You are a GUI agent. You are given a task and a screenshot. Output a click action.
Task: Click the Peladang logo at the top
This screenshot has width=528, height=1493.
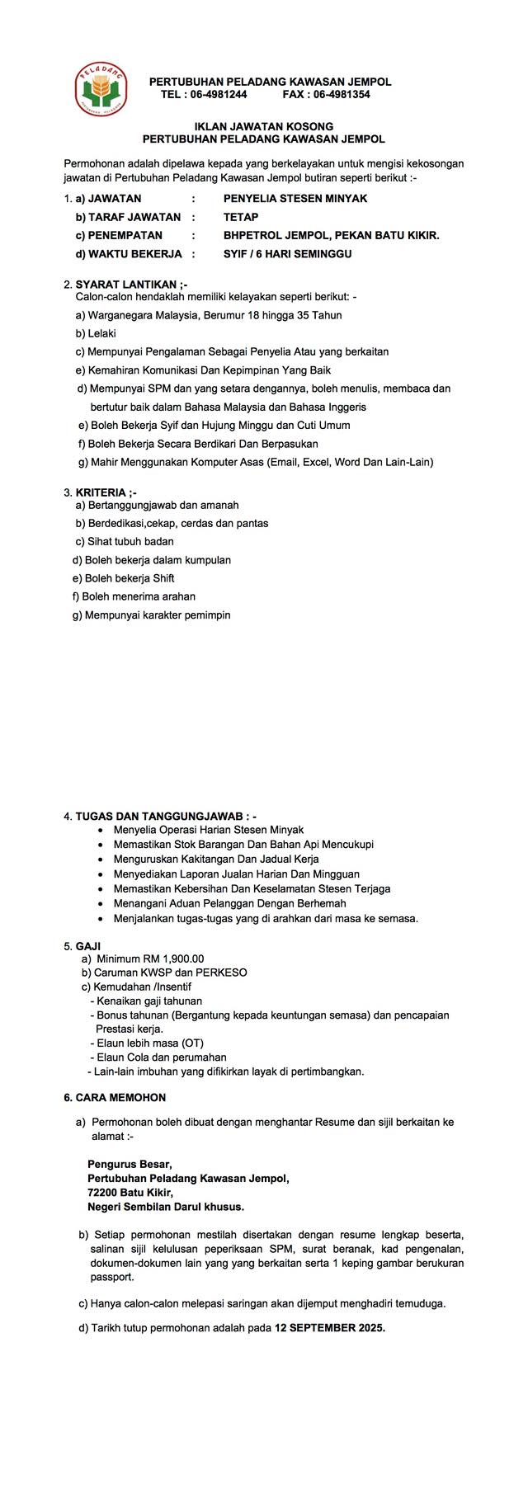(99, 87)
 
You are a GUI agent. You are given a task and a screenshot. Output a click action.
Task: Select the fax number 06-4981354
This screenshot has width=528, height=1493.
(339, 95)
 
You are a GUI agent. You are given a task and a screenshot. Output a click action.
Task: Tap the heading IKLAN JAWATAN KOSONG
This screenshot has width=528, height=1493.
(263, 127)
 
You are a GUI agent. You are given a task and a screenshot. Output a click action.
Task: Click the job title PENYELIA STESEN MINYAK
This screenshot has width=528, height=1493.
(295, 198)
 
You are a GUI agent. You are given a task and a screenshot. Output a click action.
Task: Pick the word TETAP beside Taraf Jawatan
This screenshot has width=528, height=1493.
(240, 217)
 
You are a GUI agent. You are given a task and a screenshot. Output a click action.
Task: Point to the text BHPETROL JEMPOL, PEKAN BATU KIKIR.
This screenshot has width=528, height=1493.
(331, 235)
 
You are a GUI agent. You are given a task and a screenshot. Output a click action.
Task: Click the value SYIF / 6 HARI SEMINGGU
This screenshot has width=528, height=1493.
(287, 254)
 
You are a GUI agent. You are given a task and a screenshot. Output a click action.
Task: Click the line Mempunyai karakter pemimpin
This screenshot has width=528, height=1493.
(157, 615)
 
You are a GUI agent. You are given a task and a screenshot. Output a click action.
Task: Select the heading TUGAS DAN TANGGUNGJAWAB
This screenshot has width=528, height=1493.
(165, 817)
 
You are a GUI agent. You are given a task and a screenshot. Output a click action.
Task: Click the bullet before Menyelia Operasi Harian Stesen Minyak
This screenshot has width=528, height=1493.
(101, 830)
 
